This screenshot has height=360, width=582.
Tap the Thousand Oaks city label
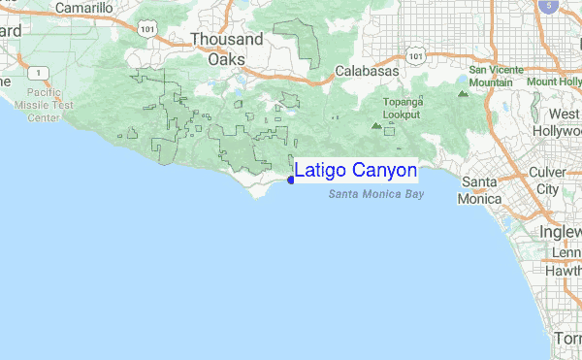[x=226, y=49]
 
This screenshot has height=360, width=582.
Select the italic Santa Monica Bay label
[x=376, y=195]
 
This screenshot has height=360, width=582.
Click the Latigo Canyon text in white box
[x=356, y=171]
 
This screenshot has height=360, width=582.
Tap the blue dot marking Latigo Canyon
[x=291, y=180]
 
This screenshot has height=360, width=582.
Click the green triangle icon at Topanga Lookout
[x=376, y=124]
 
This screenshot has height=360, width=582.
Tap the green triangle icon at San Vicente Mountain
[x=461, y=94]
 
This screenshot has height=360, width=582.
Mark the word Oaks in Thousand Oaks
[x=226, y=58]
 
